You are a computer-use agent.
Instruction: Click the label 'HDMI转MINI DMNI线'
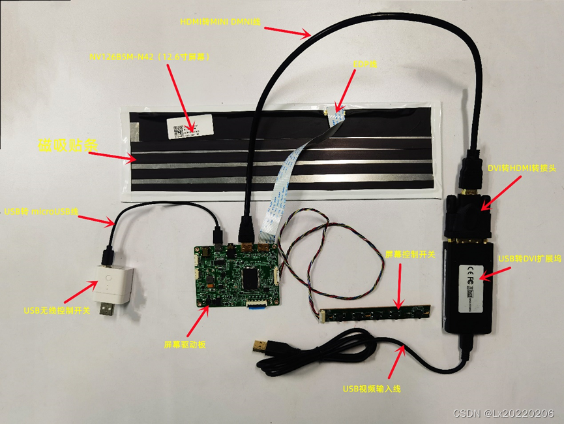point(220,22)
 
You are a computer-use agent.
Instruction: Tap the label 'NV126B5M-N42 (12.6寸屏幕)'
point(150,57)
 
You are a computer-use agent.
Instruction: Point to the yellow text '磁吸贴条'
point(63,145)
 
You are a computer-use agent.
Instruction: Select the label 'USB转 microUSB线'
point(41,212)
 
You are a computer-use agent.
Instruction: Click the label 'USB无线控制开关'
point(57,310)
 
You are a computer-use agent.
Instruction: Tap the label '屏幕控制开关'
point(410,254)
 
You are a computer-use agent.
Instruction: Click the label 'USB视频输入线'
point(372,389)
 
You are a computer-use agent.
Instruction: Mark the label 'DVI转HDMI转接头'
point(521,168)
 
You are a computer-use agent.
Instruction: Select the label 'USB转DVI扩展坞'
point(529,259)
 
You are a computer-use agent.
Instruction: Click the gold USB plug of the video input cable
point(260,346)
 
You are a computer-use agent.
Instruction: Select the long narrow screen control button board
point(374,314)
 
